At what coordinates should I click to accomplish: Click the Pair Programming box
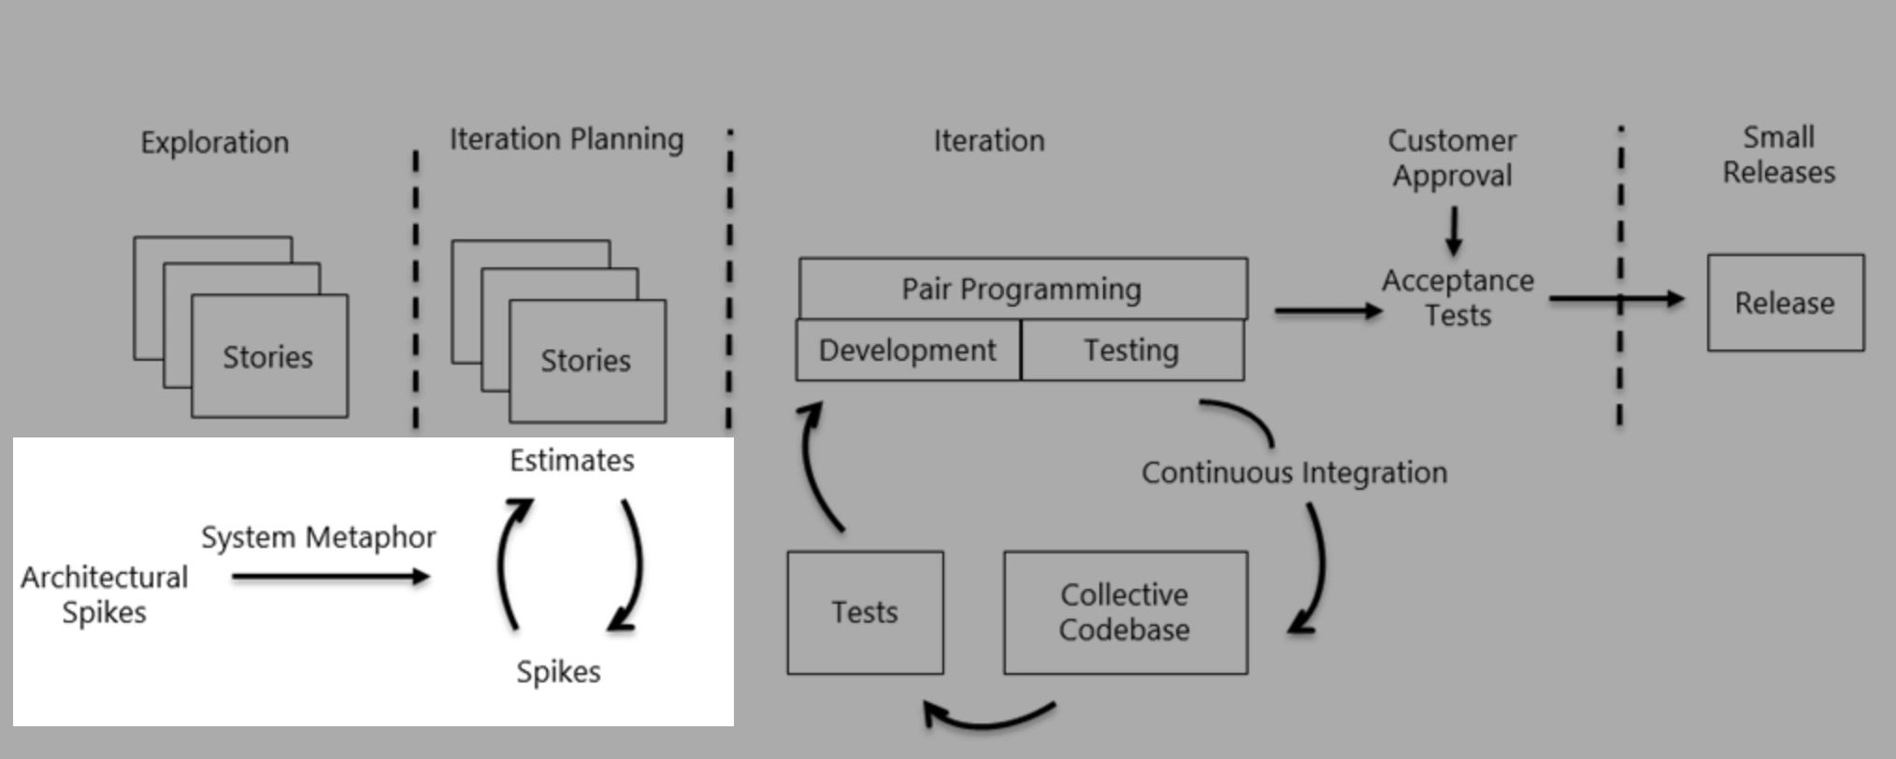1022,289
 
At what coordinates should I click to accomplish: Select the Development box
907,351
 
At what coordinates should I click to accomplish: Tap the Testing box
1131,351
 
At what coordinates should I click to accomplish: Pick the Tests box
865,612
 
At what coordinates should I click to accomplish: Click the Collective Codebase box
1125,612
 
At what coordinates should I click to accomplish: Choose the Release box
1785,303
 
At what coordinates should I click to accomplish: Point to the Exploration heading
214,142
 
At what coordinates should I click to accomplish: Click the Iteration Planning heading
567,139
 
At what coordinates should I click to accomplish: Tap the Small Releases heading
1778,154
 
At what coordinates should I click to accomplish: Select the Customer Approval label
1452,158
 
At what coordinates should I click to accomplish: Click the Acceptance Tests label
1458,297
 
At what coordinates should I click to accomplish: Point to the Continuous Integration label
1294,473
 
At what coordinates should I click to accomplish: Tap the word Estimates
571,460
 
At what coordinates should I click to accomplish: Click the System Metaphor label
318,537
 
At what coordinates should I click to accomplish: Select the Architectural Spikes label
104,594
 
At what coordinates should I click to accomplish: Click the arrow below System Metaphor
330,577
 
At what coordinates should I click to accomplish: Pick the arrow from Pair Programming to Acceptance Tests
1328,310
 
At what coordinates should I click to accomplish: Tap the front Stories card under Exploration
269,356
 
